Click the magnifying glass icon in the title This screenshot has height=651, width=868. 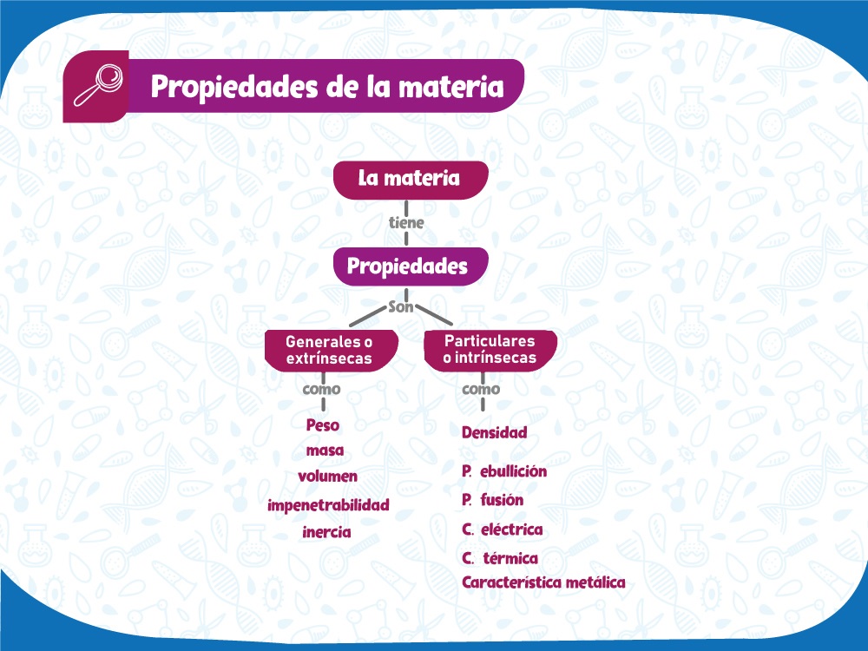click(x=99, y=85)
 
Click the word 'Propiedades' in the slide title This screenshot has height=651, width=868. click(x=234, y=87)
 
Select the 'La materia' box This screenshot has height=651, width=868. click(x=411, y=180)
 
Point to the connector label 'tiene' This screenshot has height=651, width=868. click(x=406, y=222)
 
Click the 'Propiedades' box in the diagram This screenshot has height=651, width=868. click(x=411, y=266)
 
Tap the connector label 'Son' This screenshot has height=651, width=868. click(x=401, y=306)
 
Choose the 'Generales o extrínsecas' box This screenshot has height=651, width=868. click(x=331, y=350)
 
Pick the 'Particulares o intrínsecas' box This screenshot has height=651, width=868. click(x=490, y=350)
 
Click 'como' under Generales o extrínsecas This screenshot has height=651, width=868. click(x=322, y=389)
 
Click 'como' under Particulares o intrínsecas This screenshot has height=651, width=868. click(x=481, y=389)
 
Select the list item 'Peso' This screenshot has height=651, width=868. click(x=323, y=425)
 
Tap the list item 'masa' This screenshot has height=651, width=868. click(x=325, y=450)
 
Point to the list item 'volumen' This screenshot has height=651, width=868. click(x=328, y=476)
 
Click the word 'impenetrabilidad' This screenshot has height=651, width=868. click(x=328, y=505)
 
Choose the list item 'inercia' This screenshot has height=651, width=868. click(x=326, y=532)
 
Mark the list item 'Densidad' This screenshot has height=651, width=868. click(x=495, y=432)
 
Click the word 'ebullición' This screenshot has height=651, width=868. click(x=514, y=471)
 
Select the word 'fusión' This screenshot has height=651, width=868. click(x=502, y=500)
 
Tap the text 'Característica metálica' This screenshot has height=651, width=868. click(x=543, y=582)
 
